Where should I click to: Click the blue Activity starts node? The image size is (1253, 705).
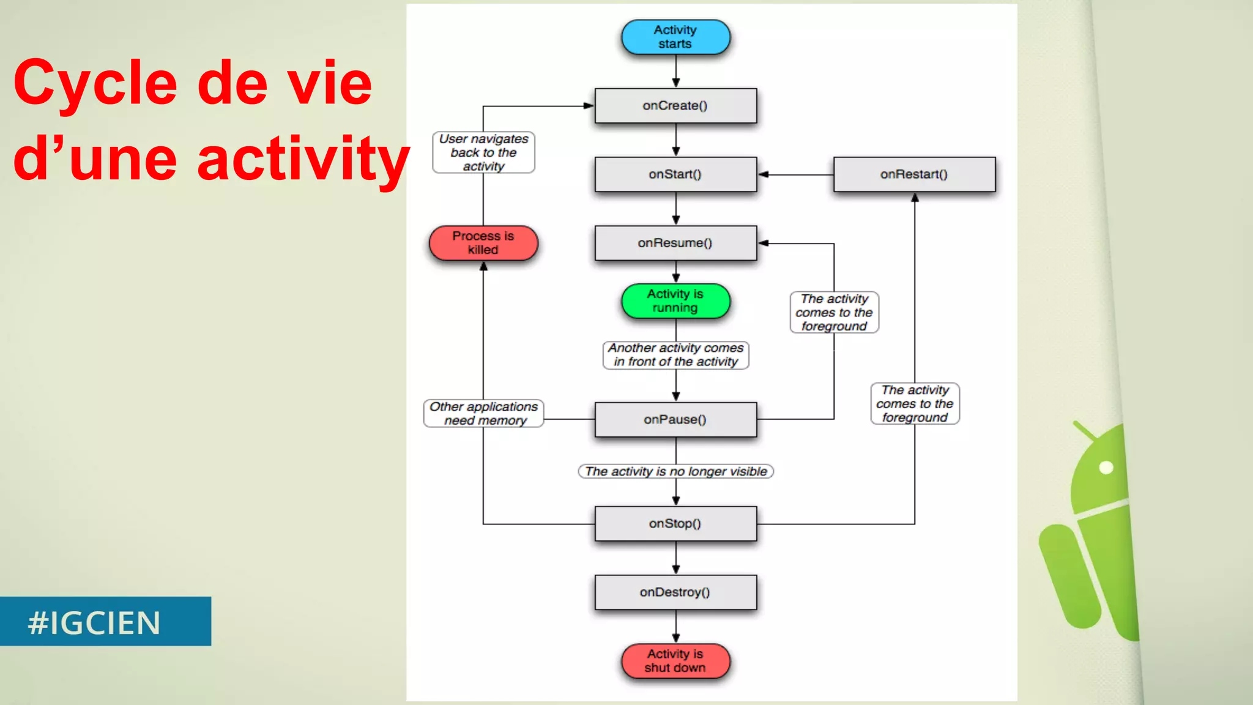point(675,37)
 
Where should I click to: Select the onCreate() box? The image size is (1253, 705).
point(675,106)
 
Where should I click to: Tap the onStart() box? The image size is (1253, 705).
point(675,174)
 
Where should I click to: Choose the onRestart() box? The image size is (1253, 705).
point(914,174)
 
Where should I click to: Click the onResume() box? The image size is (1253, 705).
point(675,243)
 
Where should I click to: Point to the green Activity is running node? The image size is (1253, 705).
point(675,300)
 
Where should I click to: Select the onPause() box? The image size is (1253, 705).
point(675,419)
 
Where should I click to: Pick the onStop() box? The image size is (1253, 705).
point(675,523)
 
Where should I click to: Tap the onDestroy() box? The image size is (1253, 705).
point(675,592)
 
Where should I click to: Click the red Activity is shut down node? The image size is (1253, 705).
point(675,661)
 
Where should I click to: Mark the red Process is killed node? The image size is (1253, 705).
point(483,243)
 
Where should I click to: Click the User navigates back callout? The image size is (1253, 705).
point(483,152)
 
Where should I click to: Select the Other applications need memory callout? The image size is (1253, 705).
point(483,414)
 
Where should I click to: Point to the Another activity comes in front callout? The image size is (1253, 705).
point(675,355)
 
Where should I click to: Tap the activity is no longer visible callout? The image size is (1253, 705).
point(675,471)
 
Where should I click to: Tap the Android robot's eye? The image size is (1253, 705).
point(1106,468)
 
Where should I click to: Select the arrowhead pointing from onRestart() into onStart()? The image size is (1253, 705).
point(764,174)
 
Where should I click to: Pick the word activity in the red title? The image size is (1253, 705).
point(303,159)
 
